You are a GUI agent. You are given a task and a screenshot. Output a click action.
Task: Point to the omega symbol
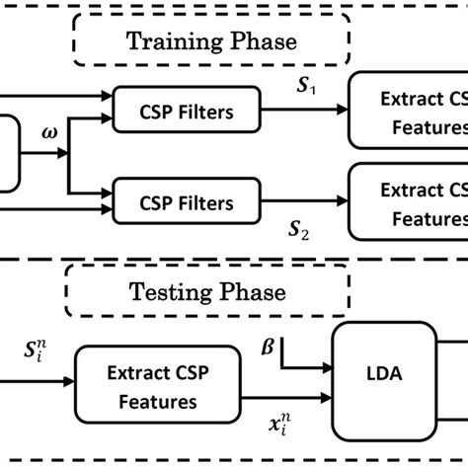[x=46, y=130]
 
